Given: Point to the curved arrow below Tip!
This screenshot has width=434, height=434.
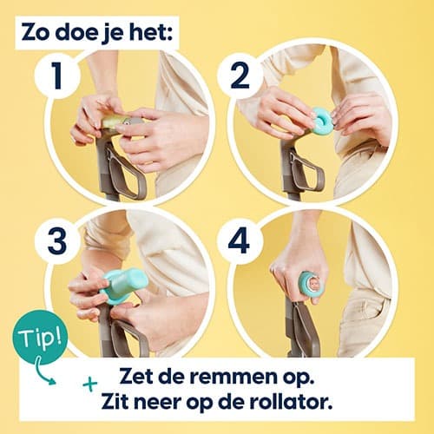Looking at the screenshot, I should [x=43, y=372].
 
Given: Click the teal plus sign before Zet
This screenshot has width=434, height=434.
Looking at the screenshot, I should [x=89, y=382].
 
